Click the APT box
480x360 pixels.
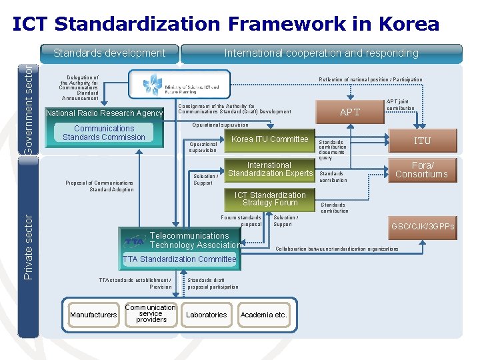pos(349,112)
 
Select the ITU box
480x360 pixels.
pos(422,140)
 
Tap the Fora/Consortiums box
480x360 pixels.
pos(421,170)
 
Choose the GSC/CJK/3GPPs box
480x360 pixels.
pos(423,227)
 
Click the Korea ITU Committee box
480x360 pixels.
pos(269,139)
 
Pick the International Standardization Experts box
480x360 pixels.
pos(270,169)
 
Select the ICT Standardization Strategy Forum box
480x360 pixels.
pos(270,199)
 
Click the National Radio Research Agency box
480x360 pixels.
pos(104,113)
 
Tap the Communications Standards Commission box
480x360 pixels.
pos(104,133)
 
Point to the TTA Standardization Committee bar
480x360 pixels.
pos(179,259)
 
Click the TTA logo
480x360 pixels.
pos(136,241)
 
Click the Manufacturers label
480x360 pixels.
pos(93,315)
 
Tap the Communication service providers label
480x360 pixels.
pos(151,314)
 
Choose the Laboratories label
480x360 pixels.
pos(206,315)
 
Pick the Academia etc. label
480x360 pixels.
pos(263,315)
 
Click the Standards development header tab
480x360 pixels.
pos(109,53)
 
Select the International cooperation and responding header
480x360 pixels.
pos(321,53)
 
